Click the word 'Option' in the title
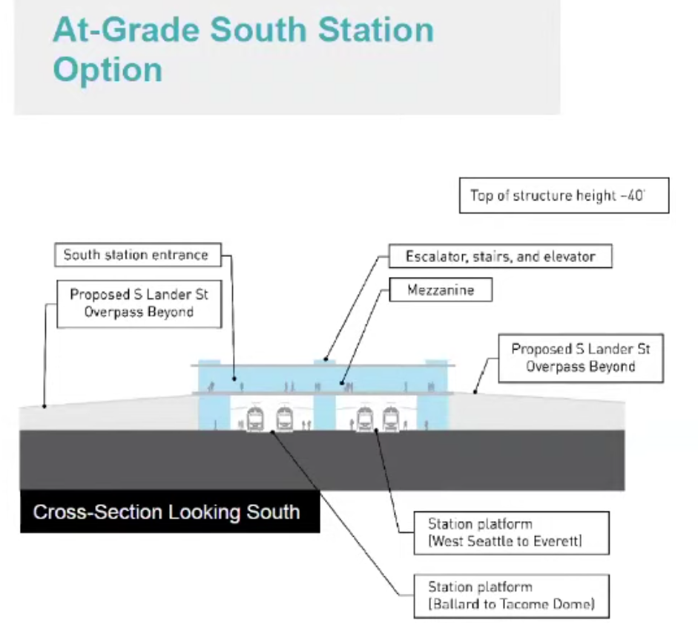click(x=108, y=69)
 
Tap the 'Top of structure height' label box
click(x=564, y=196)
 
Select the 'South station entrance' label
click(x=136, y=255)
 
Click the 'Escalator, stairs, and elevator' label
click(x=500, y=257)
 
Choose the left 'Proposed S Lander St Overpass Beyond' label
click(x=139, y=303)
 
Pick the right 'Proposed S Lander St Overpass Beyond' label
click(x=581, y=357)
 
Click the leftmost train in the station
click(x=255, y=419)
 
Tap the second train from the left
click(x=284, y=419)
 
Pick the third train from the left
click(x=363, y=419)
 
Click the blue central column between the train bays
click(x=324, y=412)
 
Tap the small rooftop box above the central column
click(x=324, y=362)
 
